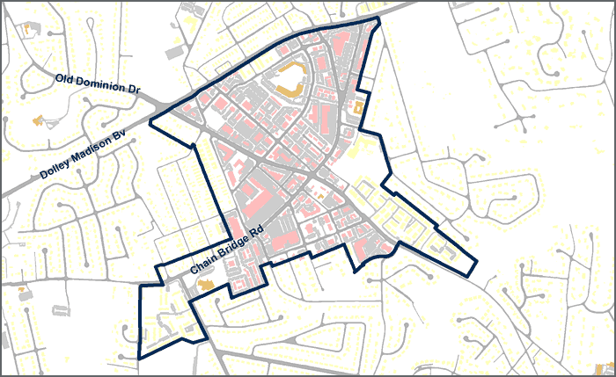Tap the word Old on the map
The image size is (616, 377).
tap(65, 78)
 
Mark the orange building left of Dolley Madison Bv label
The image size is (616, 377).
tap(36, 120)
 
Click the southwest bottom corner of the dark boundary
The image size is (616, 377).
tap(139, 359)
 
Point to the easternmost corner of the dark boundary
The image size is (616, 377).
tap(476, 261)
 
